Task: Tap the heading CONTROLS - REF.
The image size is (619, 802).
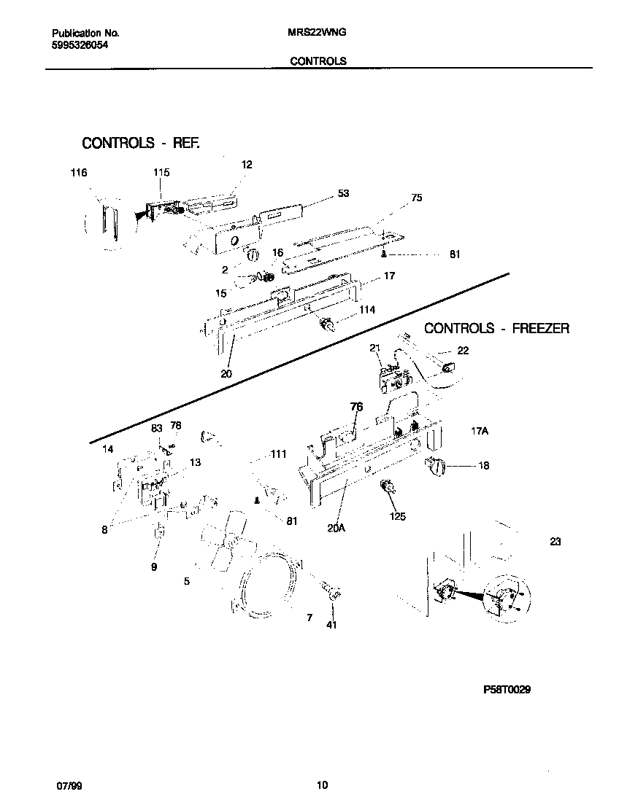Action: [140, 143]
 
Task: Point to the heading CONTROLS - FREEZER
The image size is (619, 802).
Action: [496, 329]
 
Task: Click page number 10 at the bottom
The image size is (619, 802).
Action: [322, 785]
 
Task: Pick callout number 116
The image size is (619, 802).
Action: [79, 173]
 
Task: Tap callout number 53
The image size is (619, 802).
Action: [343, 193]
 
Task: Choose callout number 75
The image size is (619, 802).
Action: [416, 198]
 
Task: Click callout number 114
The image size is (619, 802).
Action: [366, 310]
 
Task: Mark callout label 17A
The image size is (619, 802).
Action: [479, 432]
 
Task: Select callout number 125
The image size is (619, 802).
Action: [398, 517]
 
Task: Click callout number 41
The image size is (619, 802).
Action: [332, 624]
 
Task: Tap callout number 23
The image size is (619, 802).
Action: [555, 542]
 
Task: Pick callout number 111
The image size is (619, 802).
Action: [278, 454]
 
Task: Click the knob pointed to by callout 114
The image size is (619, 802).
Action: [328, 324]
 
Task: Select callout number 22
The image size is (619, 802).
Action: [463, 351]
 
